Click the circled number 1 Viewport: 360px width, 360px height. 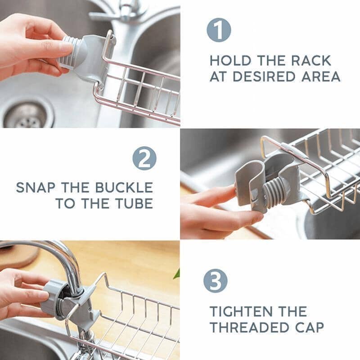tap(219, 30)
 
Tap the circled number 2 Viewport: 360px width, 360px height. tap(144, 158)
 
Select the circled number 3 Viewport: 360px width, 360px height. tap(215, 281)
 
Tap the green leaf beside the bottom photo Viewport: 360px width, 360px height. tap(177, 274)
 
